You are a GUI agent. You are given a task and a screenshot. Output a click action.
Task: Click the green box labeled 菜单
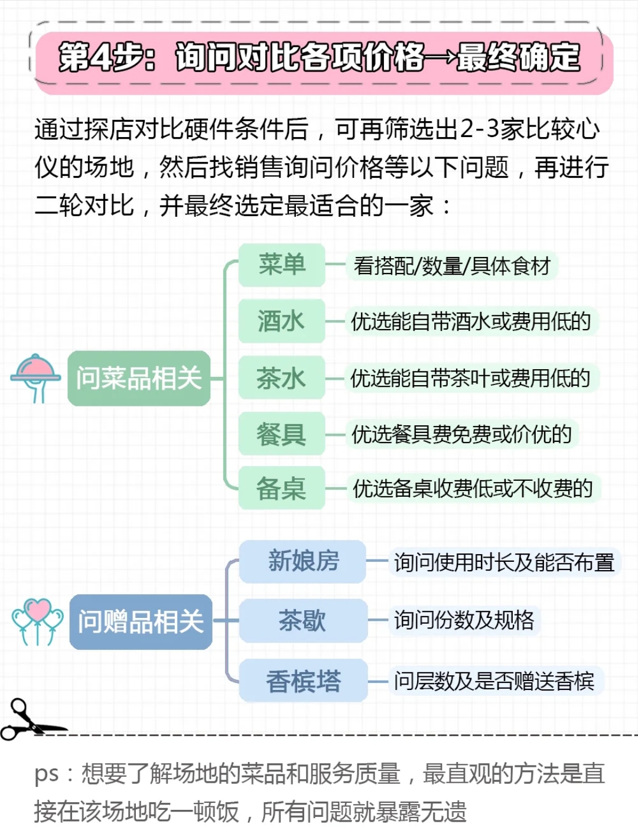pos(282,265)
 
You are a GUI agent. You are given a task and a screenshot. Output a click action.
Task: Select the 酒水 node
pos(282,321)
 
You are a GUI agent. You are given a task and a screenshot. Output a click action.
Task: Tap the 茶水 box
pos(282,378)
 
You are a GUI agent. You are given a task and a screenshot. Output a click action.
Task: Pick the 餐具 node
pos(282,434)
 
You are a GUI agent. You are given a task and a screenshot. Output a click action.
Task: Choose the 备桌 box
pos(282,488)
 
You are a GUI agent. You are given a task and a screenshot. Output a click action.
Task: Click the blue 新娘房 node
pos(303,561)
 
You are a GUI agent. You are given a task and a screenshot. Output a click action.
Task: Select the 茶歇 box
pos(303,621)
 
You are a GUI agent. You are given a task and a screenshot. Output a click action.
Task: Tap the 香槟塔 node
pos(303,681)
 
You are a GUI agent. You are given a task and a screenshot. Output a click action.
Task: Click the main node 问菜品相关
pos(139,378)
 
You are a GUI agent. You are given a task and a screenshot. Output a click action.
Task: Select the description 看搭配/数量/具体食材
pos(451,266)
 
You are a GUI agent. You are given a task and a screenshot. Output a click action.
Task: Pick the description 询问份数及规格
pos(464,620)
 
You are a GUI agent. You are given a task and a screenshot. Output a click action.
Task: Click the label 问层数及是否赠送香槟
pos(494,681)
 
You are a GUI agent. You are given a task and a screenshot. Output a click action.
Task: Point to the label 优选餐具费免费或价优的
pos(461,434)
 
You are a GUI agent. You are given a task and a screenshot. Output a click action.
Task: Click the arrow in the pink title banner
pos(441,58)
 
